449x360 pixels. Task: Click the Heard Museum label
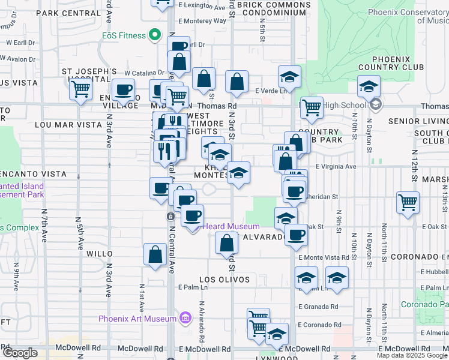[231, 226]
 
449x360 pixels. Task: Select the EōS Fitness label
[124, 35]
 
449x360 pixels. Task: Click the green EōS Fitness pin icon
[156, 35]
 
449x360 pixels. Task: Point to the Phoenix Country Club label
[390, 63]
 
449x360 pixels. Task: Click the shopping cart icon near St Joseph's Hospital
[80, 90]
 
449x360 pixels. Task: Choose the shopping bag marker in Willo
[155, 254]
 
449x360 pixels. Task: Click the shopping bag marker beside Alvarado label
[226, 243]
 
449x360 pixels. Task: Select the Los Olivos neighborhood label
[224, 280]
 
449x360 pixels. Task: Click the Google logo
[20, 353]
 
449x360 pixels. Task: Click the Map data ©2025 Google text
[412, 355]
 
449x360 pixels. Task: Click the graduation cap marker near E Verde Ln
[289, 77]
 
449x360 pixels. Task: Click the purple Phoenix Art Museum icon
[185, 317]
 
